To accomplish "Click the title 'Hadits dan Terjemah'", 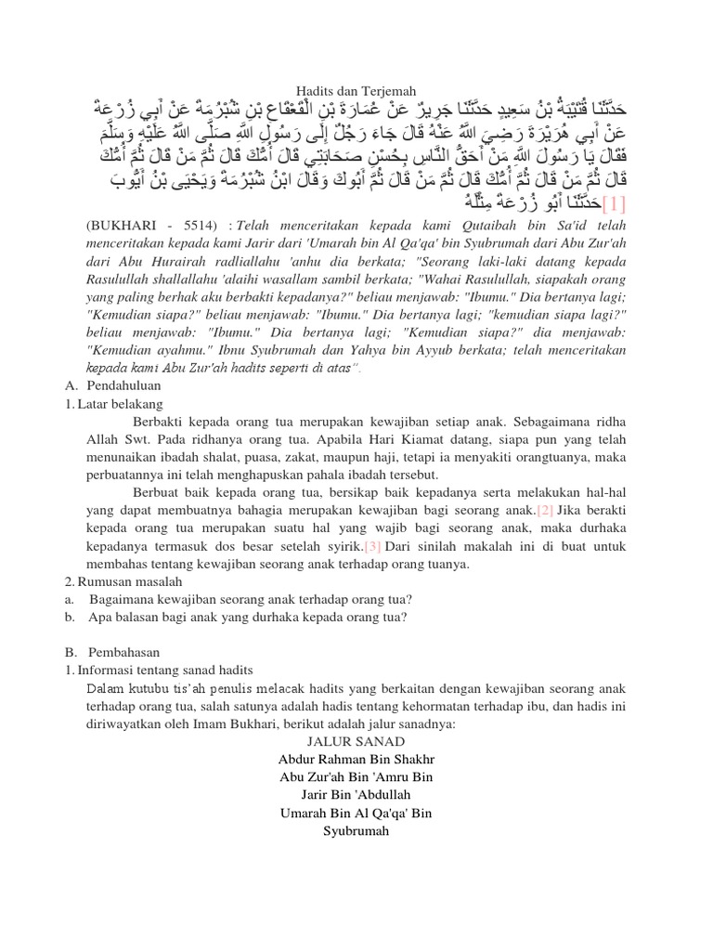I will click(356, 86).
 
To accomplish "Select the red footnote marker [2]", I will click(545, 510).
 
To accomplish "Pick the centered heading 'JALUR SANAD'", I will click(356, 740).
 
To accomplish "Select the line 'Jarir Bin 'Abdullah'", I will click(356, 794).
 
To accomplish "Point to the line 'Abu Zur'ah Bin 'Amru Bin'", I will click(356, 776).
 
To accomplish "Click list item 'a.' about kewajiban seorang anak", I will click(251, 599).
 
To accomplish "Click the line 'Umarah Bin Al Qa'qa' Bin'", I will click(356, 813).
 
